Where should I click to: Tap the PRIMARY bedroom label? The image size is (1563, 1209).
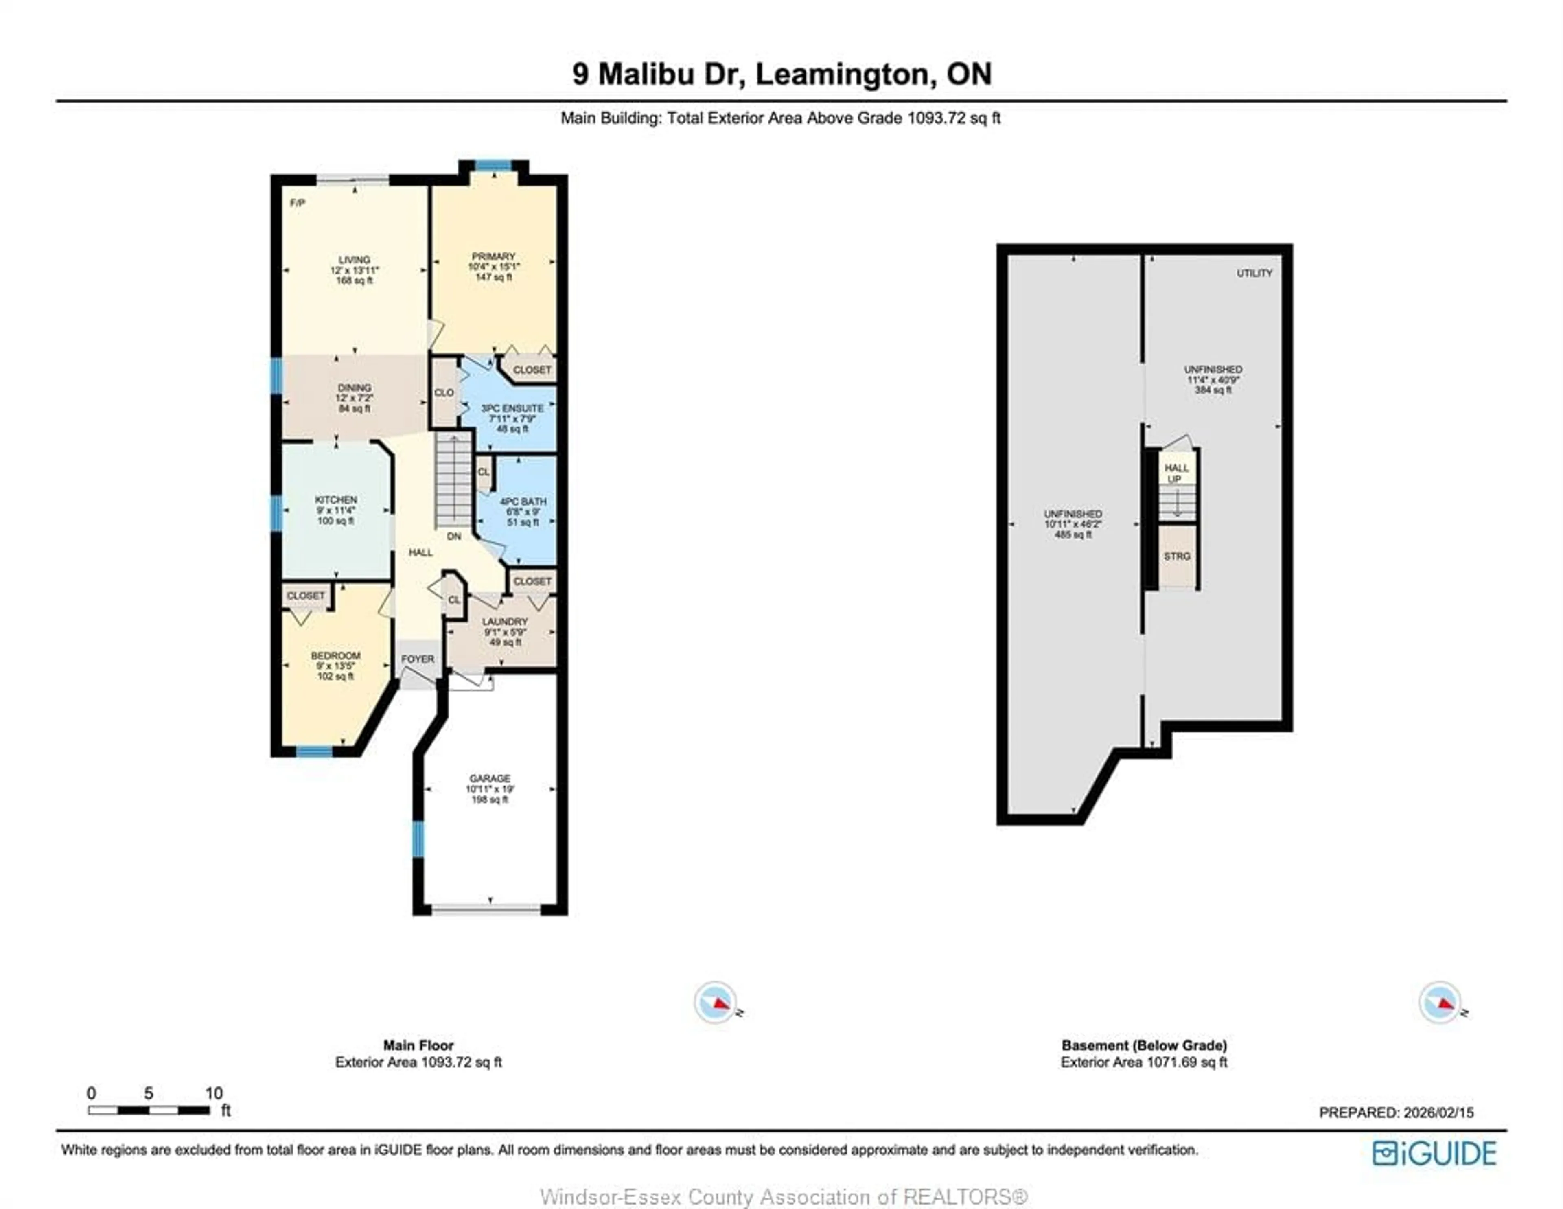[493, 256]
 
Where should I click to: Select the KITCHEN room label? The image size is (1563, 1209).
[336, 499]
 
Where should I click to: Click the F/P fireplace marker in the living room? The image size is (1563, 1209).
[298, 203]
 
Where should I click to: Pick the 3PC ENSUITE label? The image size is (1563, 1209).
[512, 408]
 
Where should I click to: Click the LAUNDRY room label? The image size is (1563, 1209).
[505, 621]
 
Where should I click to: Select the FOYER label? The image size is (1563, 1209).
[417, 659]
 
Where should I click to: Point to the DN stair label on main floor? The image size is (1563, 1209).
[454, 536]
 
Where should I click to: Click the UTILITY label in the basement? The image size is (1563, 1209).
[1254, 273]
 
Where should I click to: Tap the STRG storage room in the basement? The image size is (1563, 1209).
[1177, 556]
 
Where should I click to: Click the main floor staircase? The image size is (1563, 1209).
[454, 480]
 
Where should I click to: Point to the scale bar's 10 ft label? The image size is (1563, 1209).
[214, 1093]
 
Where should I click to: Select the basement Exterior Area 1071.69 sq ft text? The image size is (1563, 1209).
[1144, 1062]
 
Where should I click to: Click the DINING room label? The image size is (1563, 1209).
[354, 387]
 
